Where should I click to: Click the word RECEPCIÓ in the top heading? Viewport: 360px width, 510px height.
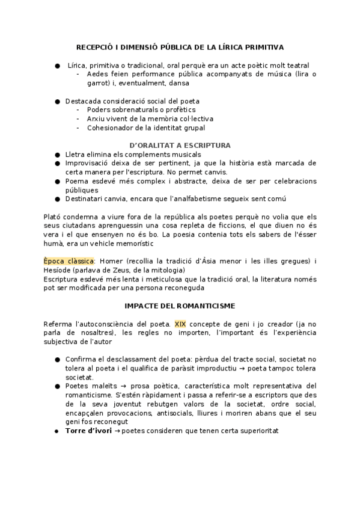click(94, 46)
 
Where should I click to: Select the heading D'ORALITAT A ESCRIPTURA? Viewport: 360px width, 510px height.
click(180, 145)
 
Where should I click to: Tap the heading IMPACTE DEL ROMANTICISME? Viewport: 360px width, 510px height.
click(180, 306)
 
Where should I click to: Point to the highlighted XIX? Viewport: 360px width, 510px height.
click(180, 324)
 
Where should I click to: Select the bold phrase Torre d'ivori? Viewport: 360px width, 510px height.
click(88, 431)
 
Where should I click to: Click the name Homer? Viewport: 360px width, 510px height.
click(110, 261)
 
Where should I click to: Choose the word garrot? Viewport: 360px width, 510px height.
click(99, 83)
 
